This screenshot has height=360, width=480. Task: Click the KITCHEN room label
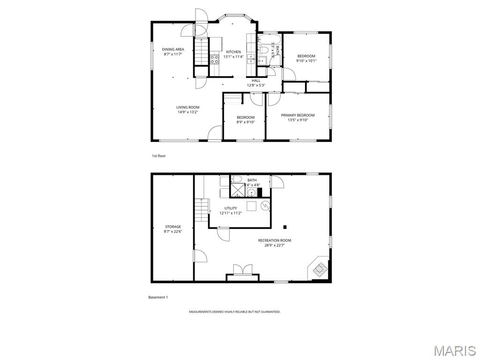(233, 52)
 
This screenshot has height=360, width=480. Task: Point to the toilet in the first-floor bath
(263, 50)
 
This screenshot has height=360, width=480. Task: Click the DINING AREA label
(173, 49)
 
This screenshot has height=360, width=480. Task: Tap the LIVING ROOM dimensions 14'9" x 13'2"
(187, 112)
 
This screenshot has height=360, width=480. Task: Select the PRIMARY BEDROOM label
(298, 115)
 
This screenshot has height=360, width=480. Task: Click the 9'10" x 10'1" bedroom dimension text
(306, 61)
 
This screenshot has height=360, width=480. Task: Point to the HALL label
(256, 81)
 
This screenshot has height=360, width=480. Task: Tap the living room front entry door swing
(215, 134)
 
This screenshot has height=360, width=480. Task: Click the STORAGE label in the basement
(172, 227)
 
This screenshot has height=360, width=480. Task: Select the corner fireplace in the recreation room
(320, 268)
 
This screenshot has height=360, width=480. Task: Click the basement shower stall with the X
(237, 190)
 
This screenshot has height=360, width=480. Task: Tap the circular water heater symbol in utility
(266, 205)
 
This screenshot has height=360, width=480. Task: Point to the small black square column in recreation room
(285, 227)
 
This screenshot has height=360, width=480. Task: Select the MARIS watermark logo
(454, 351)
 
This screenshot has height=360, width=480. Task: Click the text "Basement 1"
(158, 297)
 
